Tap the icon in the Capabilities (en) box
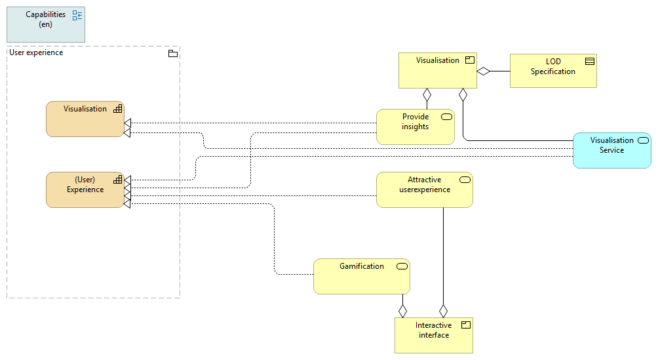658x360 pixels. point(77,16)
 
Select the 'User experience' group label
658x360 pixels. point(37,52)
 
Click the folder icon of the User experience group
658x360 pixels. point(173,53)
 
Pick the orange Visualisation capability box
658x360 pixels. point(85,119)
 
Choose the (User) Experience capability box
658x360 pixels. point(85,190)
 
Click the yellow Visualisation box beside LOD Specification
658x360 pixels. point(437,70)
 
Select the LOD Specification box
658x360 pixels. point(553,71)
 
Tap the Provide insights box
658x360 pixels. point(415,127)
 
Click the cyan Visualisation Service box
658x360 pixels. point(611,150)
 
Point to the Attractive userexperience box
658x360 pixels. point(424,190)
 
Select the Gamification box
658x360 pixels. point(361,276)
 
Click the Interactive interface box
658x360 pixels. point(433,335)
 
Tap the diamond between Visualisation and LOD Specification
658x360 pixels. point(484,71)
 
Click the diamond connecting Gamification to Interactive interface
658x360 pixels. point(402,310)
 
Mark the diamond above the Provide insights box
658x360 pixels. point(427,95)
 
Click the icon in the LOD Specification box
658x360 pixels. point(590,62)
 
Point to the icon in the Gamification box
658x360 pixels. point(402,266)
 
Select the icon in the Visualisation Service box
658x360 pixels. point(644,140)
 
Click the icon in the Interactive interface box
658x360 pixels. point(466,325)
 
